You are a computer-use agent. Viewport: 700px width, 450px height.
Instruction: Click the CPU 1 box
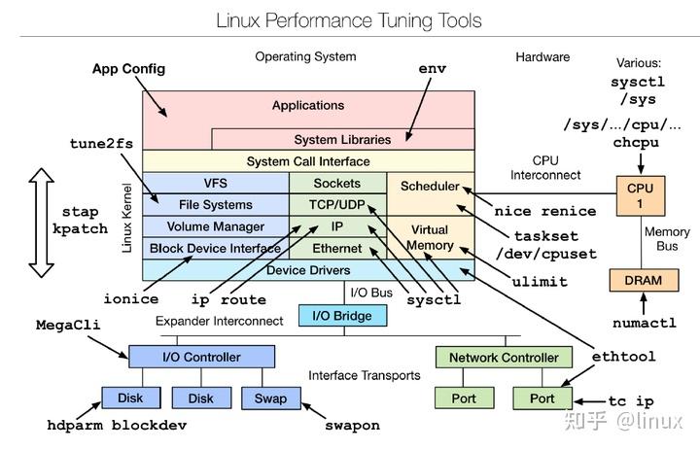(x=640, y=195)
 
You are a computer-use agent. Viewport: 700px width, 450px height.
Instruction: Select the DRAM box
(x=644, y=280)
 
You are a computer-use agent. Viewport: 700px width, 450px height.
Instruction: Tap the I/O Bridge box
(x=342, y=316)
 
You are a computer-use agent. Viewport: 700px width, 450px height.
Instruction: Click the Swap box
(x=270, y=398)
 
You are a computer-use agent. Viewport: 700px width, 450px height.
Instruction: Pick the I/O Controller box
(x=201, y=357)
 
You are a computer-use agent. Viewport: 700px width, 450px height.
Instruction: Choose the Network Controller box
(x=504, y=357)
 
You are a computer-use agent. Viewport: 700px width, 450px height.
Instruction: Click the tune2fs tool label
(x=101, y=144)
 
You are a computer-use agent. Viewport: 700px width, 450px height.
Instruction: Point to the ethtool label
(x=623, y=357)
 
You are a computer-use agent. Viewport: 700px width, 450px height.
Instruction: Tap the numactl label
(x=645, y=323)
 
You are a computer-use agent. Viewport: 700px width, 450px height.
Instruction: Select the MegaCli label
(x=68, y=325)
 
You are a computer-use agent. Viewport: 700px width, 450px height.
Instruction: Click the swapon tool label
(x=352, y=426)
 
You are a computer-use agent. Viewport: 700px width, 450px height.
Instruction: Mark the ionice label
(x=131, y=298)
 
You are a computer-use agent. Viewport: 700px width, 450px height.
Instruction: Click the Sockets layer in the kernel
(x=337, y=183)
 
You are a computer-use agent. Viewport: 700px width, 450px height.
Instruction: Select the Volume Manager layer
(x=216, y=226)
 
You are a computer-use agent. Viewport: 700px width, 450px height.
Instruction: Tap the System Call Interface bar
(x=308, y=161)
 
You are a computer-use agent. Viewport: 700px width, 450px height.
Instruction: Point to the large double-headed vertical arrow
(x=42, y=223)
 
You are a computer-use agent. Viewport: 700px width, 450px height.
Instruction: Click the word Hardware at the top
(x=542, y=57)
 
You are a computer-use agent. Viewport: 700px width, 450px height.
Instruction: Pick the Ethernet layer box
(x=337, y=248)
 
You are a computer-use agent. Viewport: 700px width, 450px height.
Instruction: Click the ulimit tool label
(x=540, y=282)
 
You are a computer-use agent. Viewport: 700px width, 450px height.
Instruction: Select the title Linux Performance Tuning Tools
(x=349, y=21)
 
